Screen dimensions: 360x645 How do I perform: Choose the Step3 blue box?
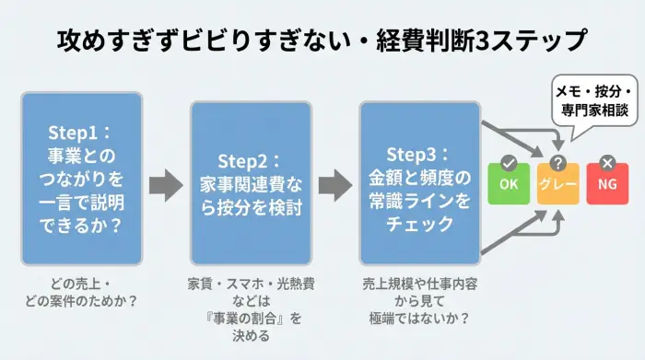click(x=419, y=183)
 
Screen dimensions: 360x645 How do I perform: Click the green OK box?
click(x=508, y=184)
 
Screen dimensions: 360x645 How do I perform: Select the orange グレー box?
click(x=557, y=184)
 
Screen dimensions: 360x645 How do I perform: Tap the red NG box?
click(x=606, y=184)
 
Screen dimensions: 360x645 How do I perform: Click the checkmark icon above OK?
click(x=508, y=163)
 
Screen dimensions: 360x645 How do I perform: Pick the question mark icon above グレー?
click(x=557, y=163)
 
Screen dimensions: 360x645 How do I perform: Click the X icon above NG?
click(x=606, y=163)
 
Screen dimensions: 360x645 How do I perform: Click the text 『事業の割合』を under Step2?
click(x=248, y=318)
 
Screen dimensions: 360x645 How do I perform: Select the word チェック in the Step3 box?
click(x=419, y=222)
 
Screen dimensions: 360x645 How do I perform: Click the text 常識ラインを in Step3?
click(x=419, y=199)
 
